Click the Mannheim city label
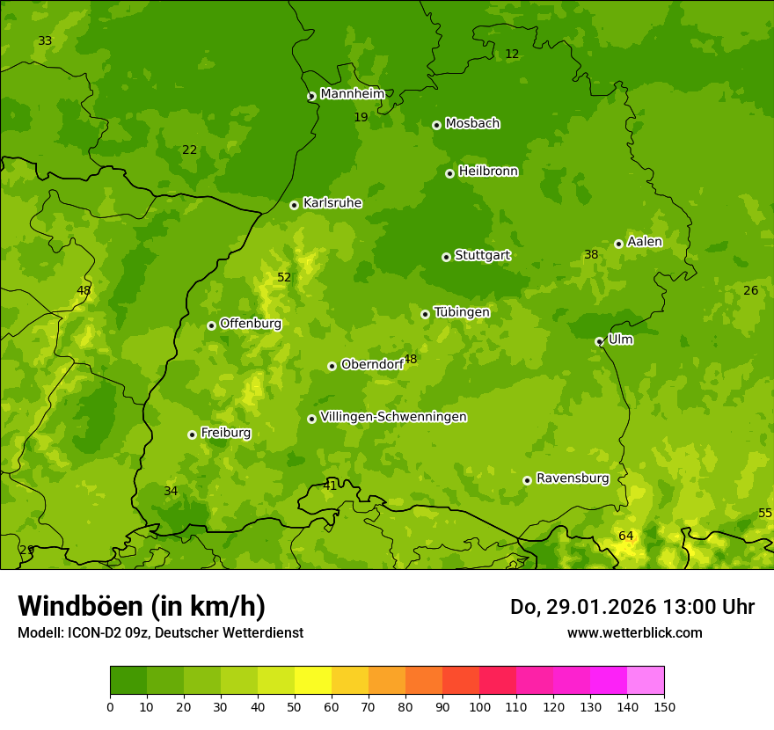coord(352,94)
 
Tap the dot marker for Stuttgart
coord(446,257)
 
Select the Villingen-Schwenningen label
coord(393,417)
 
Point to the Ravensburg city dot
coord(527,480)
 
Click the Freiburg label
coord(225,433)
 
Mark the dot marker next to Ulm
coord(599,341)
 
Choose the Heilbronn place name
coord(488,172)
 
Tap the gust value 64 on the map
coord(625,536)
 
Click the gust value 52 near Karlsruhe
coord(284,277)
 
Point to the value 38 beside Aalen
coord(591,254)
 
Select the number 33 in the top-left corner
coord(45,41)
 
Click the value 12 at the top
coord(512,54)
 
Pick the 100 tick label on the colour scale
coord(479,706)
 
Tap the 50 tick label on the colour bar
coord(295,706)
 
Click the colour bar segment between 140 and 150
coord(646,681)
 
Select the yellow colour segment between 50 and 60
coord(313,681)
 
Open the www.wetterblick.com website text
coord(634,632)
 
